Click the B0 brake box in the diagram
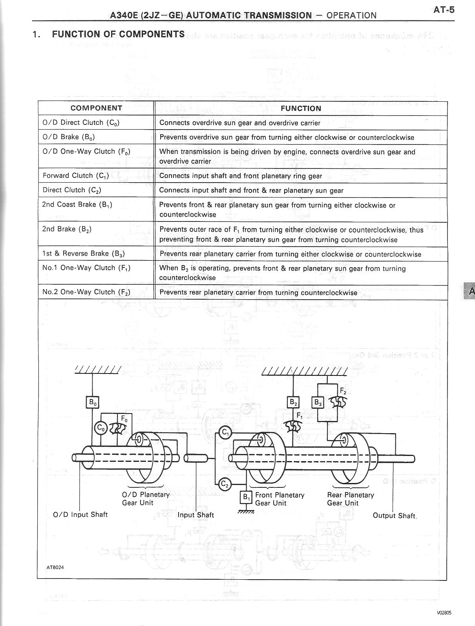point(92,402)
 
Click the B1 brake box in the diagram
point(246,497)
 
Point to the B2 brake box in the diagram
point(293,402)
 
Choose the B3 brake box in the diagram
point(317,402)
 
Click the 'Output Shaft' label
point(394,516)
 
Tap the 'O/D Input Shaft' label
point(80,514)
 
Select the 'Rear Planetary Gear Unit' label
point(350,499)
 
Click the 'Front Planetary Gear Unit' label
point(280,499)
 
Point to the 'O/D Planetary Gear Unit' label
point(146,498)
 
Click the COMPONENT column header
point(96,108)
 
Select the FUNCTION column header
point(301,108)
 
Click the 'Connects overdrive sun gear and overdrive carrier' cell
point(239,123)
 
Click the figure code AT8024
point(55,567)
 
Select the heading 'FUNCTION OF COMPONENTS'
point(118,34)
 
